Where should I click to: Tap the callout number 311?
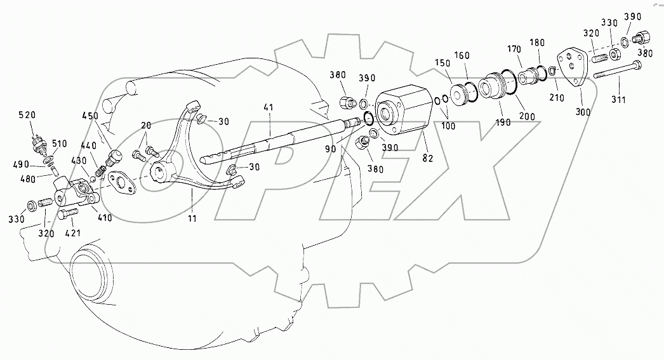pos(618,100)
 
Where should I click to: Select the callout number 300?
pos(583,112)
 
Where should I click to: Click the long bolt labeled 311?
pos(616,73)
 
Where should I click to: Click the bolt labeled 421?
pos(68,216)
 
